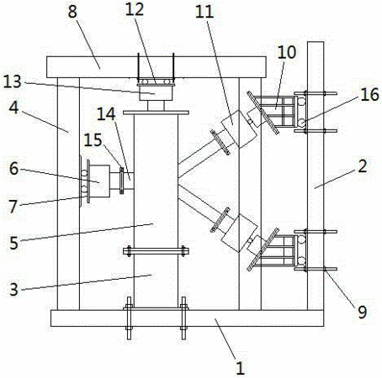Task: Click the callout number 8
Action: (72, 12)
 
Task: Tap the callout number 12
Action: (135, 9)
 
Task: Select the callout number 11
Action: (204, 12)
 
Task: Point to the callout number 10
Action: (287, 52)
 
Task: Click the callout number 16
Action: (369, 94)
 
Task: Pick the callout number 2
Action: (363, 166)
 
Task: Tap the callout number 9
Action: (363, 312)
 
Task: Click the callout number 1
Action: (240, 368)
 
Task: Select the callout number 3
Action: (13, 289)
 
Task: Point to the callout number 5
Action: (13, 243)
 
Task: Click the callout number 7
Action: (13, 207)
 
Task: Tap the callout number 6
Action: (13, 169)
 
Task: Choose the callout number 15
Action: (93, 139)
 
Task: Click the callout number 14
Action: (106, 114)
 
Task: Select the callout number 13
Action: (13, 81)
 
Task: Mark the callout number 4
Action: (13, 108)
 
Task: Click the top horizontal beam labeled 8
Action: (157, 67)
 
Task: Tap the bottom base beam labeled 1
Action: (187, 318)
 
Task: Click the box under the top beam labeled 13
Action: (156, 93)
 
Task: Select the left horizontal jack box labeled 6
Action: (99, 181)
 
